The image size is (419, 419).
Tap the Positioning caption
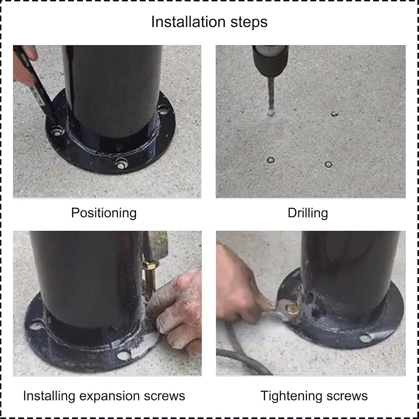104,213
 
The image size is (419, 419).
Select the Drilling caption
308,213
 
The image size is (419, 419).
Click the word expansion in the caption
119,396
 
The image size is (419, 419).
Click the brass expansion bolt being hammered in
150,275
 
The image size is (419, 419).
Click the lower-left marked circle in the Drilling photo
271,160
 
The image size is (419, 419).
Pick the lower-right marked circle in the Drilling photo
328,164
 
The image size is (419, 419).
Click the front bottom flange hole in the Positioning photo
121,164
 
